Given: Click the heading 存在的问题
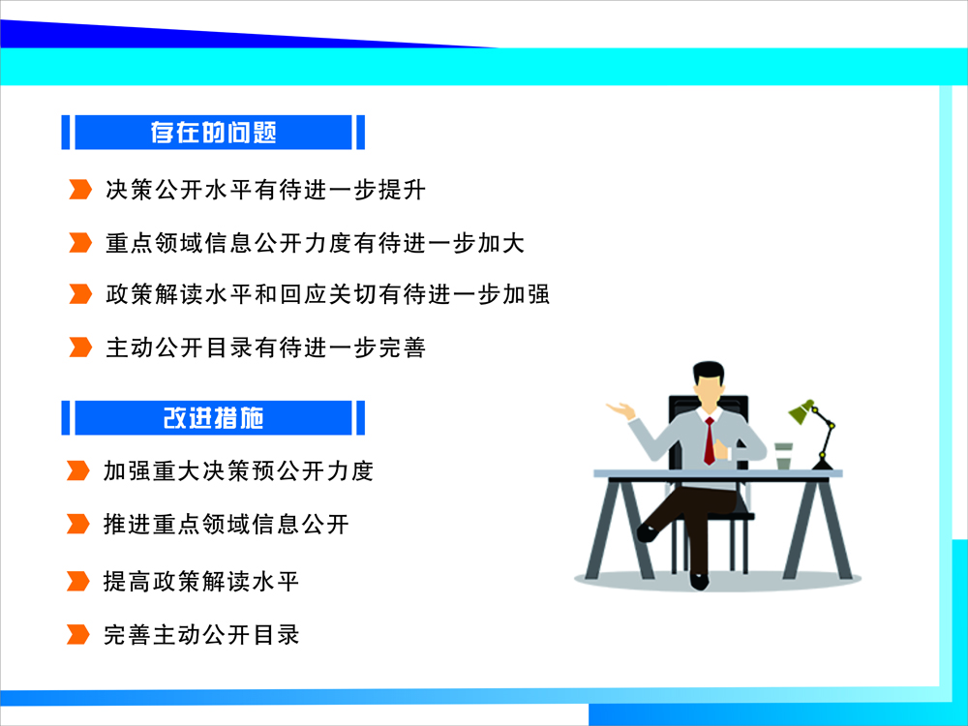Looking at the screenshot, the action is (213, 132).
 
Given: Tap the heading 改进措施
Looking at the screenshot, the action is (213, 418).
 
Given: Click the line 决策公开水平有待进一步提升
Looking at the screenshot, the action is (265, 190).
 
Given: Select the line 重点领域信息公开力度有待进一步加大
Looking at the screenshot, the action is (315, 243).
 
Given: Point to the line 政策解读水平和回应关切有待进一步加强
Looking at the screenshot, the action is (327, 294).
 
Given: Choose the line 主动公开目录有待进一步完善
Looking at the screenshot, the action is (265, 347).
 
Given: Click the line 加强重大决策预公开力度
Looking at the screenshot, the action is (238, 470).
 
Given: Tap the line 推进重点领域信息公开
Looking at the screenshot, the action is (226, 524).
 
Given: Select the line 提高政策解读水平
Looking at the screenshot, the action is (201, 581).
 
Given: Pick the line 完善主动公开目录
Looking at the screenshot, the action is (201, 635).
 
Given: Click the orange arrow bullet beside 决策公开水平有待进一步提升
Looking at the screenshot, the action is (80, 190).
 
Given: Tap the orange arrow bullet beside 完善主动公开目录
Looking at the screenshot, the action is (77, 634).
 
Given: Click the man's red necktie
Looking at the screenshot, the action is (710, 440).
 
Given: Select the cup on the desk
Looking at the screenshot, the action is (783, 456).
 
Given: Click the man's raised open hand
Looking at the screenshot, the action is (620, 409).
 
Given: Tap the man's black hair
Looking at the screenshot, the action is (709, 371).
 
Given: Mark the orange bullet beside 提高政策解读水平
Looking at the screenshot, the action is (77, 581).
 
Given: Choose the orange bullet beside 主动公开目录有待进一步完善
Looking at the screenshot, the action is (80, 347).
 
